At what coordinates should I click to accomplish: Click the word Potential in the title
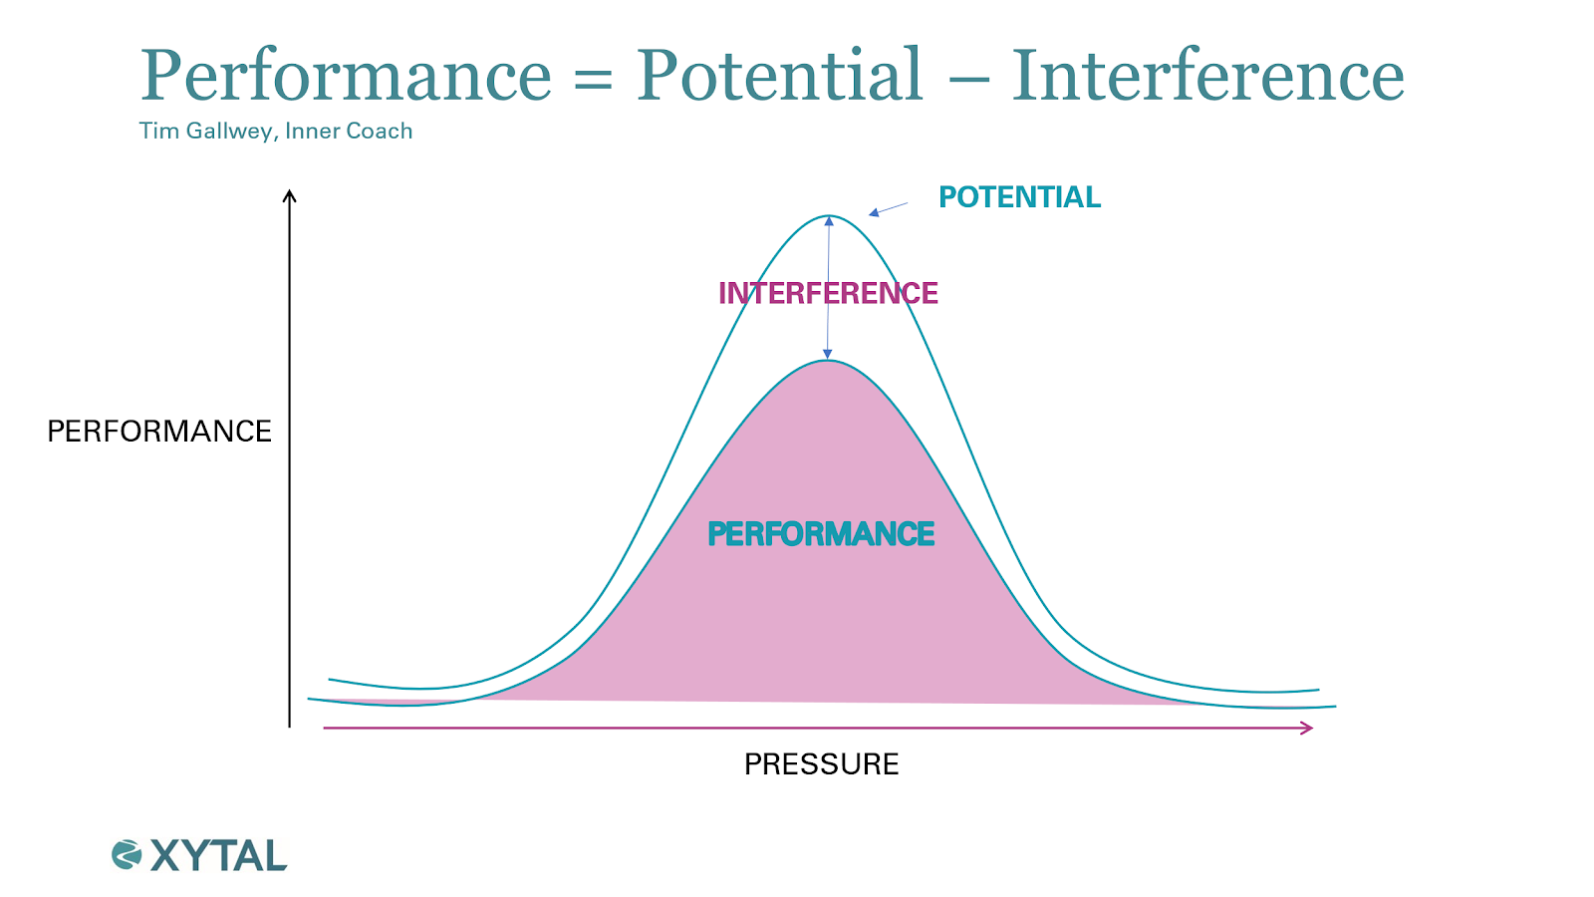pyautogui.click(x=779, y=74)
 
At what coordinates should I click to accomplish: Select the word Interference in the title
pyautogui.click(x=1208, y=74)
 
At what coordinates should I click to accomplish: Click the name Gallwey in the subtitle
pyautogui.click(x=231, y=132)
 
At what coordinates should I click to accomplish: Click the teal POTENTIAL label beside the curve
pyautogui.click(x=1020, y=197)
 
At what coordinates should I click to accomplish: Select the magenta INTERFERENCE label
pyautogui.click(x=828, y=293)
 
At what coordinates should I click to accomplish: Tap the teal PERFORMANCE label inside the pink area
pyautogui.click(x=821, y=534)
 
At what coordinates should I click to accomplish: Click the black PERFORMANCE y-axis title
pyautogui.click(x=159, y=432)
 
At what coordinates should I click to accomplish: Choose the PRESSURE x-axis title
pyautogui.click(x=821, y=764)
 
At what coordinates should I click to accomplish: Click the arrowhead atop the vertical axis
pyautogui.click(x=289, y=195)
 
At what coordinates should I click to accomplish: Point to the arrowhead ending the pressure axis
pyautogui.click(x=1306, y=728)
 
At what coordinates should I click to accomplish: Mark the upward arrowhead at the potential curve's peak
pyautogui.click(x=829, y=221)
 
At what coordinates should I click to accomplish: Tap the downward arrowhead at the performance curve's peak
pyautogui.click(x=827, y=354)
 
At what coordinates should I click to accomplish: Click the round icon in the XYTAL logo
pyautogui.click(x=127, y=855)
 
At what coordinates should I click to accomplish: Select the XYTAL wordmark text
pyautogui.click(x=218, y=856)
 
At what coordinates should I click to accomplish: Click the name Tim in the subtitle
pyautogui.click(x=158, y=131)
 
